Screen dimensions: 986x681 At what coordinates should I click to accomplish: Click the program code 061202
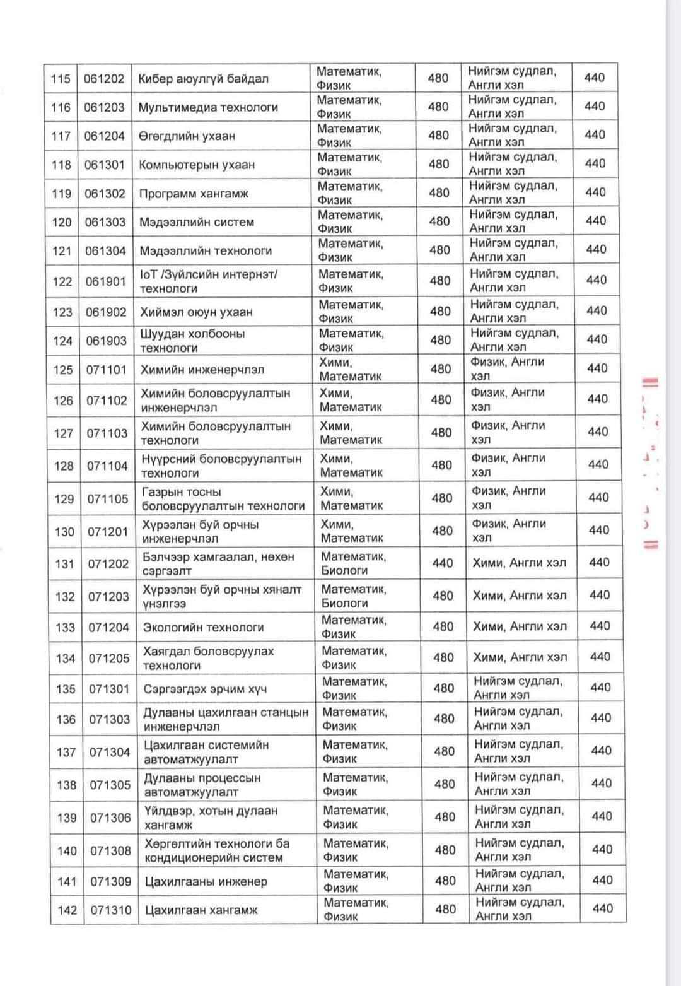104,79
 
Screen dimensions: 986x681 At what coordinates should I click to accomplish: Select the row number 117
61,136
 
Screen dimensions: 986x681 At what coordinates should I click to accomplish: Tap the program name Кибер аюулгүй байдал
203,79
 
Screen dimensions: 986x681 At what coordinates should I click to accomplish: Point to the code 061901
106,281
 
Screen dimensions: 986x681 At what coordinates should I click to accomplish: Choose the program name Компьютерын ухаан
197,165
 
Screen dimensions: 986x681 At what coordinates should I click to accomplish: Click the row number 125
63,370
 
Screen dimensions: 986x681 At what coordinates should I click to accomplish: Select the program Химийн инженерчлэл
202,370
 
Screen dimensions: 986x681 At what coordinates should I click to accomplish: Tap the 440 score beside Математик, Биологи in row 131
443,563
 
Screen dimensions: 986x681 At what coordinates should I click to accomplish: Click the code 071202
108,564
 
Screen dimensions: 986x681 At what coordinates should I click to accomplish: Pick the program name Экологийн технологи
203,628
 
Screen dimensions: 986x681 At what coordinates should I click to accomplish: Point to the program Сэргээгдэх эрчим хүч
205,689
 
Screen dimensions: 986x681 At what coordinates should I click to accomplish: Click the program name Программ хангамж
194,194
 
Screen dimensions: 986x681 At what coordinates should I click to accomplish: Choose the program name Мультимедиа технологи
208,108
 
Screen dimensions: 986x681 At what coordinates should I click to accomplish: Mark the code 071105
107,499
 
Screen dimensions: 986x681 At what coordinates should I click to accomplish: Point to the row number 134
65,659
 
